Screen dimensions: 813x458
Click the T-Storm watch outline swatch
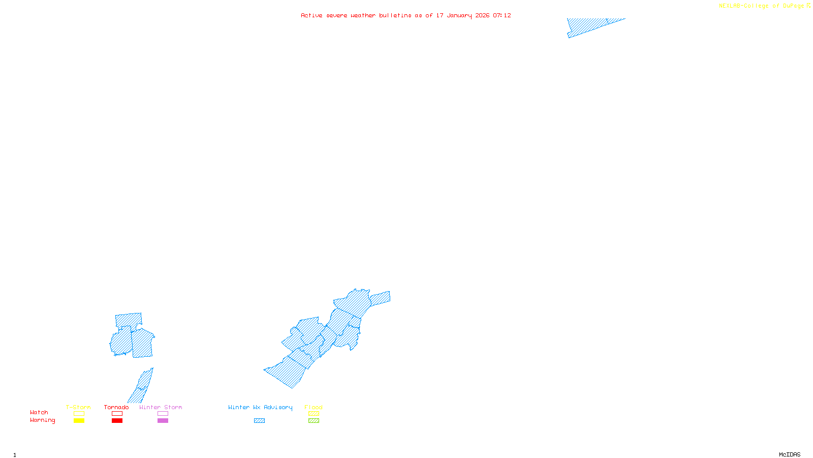(x=79, y=414)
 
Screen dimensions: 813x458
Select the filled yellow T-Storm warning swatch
(x=79, y=421)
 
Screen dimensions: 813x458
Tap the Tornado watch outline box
(x=117, y=414)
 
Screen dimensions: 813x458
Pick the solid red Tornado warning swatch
(x=117, y=421)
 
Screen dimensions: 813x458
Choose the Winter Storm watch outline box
(x=163, y=414)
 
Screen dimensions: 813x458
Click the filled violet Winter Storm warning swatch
(x=163, y=421)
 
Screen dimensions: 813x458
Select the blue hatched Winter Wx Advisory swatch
(x=259, y=421)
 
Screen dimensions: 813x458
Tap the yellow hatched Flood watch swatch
(x=314, y=414)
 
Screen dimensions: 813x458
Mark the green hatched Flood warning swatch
(x=314, y=421)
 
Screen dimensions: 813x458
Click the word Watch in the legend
(x=39, y=413)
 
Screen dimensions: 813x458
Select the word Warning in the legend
(x=42, y=420)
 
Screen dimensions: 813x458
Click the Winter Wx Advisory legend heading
(x=260, y=407)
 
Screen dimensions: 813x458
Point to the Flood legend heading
(x=314, y=407)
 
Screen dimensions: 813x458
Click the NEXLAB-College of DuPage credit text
(x=762, y=6)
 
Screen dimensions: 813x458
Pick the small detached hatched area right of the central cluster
(x=380, y=298)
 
